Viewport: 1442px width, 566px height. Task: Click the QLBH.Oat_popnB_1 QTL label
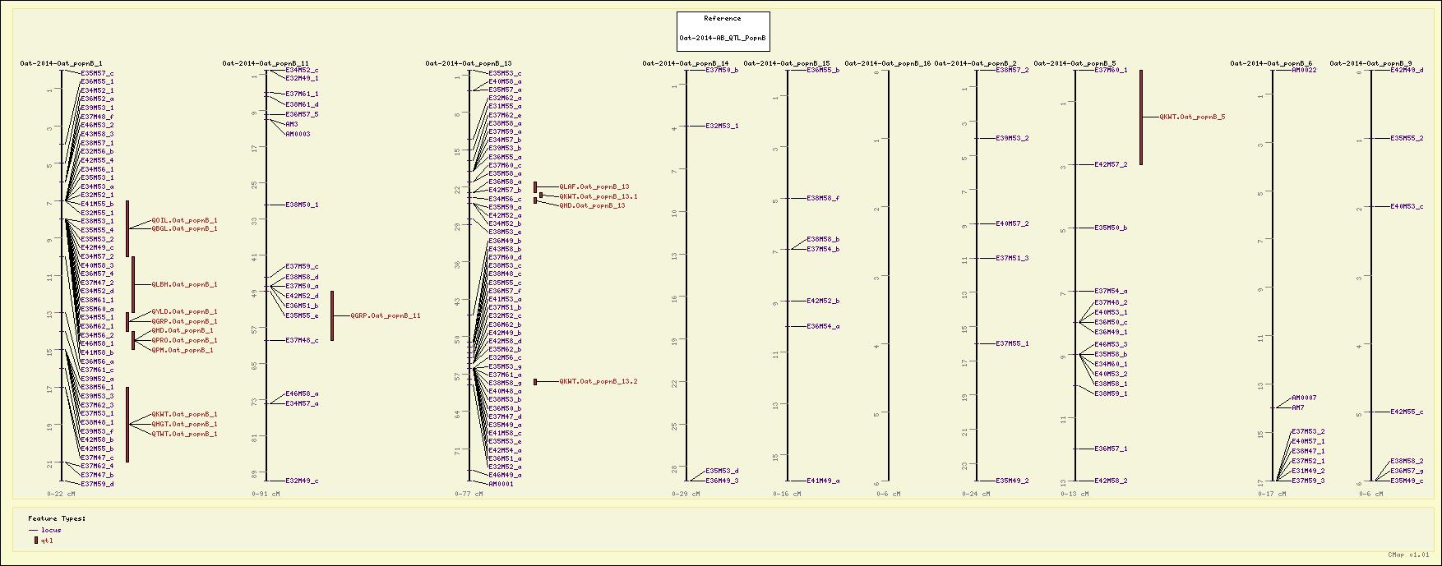point(184,284)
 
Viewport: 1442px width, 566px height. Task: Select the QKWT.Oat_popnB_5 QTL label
point(1192,117)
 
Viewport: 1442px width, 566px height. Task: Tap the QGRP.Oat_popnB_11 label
point(386,315)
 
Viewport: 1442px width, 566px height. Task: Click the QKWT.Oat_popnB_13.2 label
point(599,382)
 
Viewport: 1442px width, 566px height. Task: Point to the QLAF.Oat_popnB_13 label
point(594,187)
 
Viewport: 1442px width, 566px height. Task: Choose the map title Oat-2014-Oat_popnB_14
point(686,63)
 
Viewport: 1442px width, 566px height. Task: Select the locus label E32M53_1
point(722,126)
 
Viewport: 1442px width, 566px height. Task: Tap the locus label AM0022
point(1304,71)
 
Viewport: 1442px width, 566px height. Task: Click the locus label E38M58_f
point(823,198)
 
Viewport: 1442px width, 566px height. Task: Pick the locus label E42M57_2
point(1111,165)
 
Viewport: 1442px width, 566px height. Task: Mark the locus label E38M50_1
point(302,205)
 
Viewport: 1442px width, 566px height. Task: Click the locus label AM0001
point(501,484)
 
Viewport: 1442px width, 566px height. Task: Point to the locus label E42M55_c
point(1407,412)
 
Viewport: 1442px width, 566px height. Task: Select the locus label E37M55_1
point(1012,344)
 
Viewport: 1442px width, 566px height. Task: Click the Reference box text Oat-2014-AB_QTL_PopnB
point(723,38)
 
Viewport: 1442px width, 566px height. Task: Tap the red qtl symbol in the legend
point(35,541)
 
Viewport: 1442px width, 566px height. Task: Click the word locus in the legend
point(51,531)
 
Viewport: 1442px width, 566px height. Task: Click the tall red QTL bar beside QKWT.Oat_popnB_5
point(1140,117)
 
